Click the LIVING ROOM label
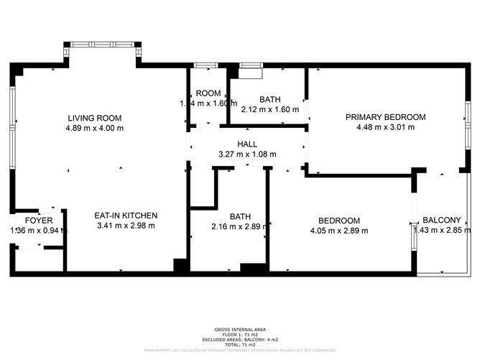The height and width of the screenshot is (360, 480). (x=94, y=118)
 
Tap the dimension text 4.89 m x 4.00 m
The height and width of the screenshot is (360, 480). (x=94, y=129)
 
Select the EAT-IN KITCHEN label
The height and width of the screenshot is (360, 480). (x=126, y=216)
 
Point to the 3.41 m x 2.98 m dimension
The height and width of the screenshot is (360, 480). (x=126, y=226)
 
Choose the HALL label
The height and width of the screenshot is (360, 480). (x=247, y=144)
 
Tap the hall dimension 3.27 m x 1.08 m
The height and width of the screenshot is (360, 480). (x=247, y=154)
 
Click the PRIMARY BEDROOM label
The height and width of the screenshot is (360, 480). (x=385, y=117)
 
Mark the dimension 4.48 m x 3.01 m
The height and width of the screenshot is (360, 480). (x=385, y=127)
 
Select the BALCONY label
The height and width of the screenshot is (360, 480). (x=441, y=221)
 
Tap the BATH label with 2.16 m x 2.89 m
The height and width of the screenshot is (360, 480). (x=240, y=216)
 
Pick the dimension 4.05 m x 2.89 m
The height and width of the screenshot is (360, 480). (x=338, y=231)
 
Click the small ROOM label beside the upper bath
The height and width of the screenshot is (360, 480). (x=208, y=93)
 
